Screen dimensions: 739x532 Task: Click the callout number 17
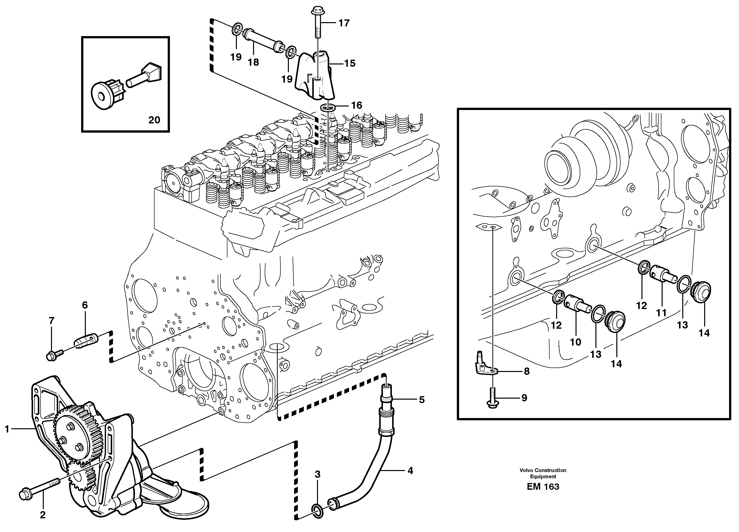pos(344,23)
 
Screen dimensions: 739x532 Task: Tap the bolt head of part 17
pos(316,12)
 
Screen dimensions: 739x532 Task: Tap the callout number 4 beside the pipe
pos(410,471)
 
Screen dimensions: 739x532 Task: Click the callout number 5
pos(422,400)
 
